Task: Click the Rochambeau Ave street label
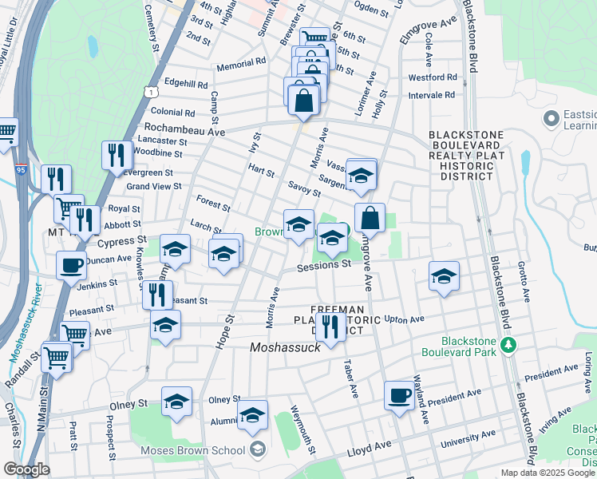[x=184, y=129]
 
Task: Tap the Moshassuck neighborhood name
[x=285, y=347]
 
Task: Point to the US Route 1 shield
[x=150, y=93]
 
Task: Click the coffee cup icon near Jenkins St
[x=71, y=265]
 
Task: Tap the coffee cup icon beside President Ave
[x=399, y=394]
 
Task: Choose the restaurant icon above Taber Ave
[x=330, y=325]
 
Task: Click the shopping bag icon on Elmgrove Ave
[x=370, y=217]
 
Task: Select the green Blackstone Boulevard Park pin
[x=507, y=345]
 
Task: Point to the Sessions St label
[x=324, y=264]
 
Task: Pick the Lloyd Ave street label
[x=370, y=451]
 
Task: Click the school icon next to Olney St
[x=176, y=401]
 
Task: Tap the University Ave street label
[x=469, y=437]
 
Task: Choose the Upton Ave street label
[x=404, y=319]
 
